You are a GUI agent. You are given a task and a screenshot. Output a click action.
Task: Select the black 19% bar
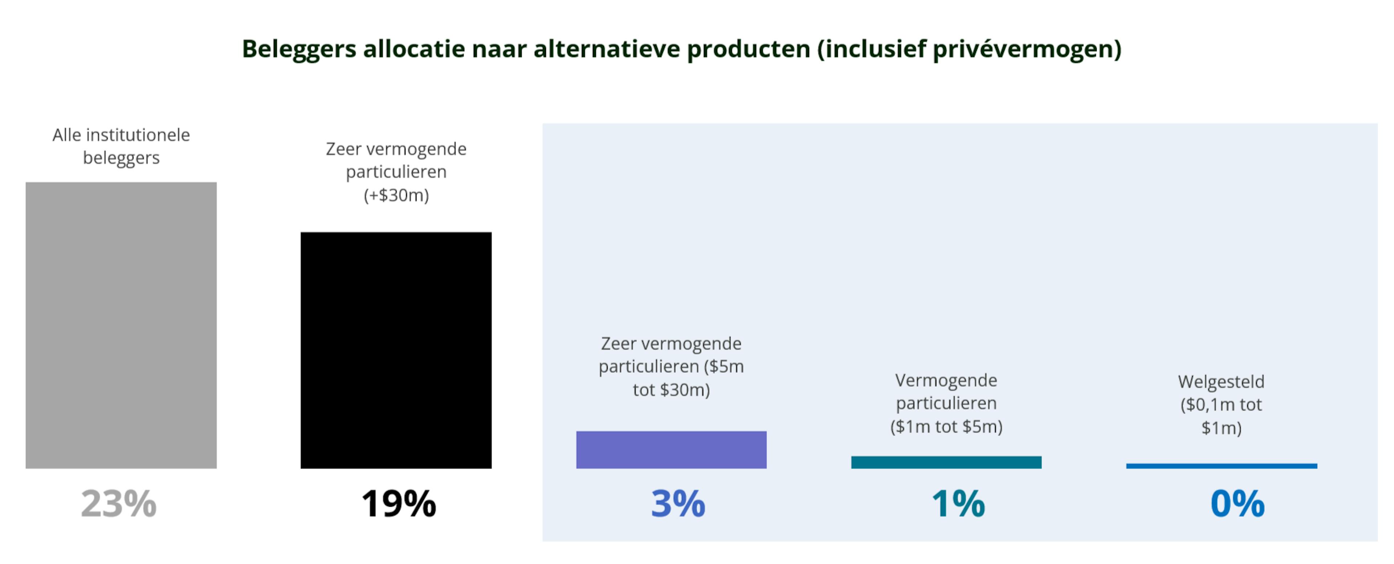coord(396,350)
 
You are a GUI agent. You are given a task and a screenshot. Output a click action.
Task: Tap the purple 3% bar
coord(671,449)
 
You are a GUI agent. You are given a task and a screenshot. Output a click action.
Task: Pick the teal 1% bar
coord(946,462)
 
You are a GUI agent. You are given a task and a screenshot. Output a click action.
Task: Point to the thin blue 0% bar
coord(1221,466)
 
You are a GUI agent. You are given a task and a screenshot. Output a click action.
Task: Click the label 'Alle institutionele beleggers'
coord(121,146)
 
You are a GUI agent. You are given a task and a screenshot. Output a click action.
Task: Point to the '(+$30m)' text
coord(396,195)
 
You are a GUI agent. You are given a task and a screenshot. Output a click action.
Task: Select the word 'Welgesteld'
coord(1221,382)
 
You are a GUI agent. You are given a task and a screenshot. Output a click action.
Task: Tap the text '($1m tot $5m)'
coord(946,427)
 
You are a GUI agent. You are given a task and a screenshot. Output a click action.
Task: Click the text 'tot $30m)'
coord(671,390)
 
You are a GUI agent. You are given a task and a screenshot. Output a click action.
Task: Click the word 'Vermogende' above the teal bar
coord(946,380)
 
